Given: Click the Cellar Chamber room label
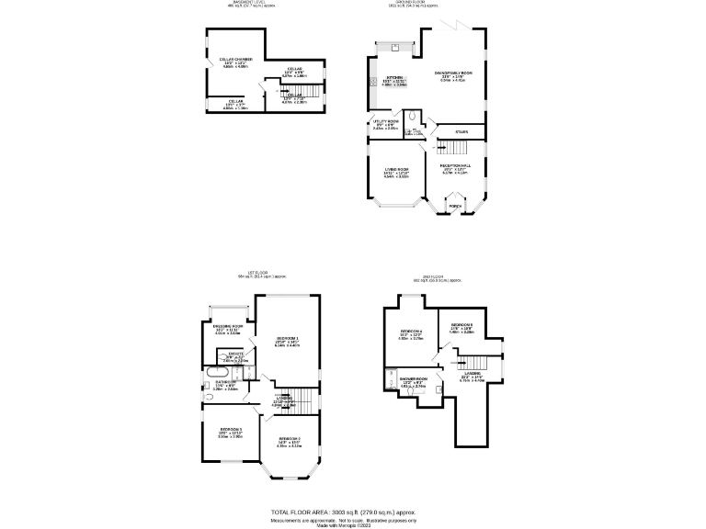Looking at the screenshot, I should [x=235, y=60].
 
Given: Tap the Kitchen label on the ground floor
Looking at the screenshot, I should [x=394, y=78].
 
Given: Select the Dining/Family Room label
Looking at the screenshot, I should [x=453, y=73].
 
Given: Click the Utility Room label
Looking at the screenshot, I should [x=385, y=121].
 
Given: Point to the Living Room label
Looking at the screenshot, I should [x=396, y=170].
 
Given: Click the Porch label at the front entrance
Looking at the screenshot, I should [x=454, y=207].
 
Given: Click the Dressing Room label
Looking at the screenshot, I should [x=226, y=326].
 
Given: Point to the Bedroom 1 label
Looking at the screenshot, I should [x=288, y=338].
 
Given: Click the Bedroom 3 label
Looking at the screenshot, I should [x=230, y=429].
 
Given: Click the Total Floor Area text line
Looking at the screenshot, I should [x=353, y=511].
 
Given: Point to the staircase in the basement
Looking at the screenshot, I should [x=313, y=91].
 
